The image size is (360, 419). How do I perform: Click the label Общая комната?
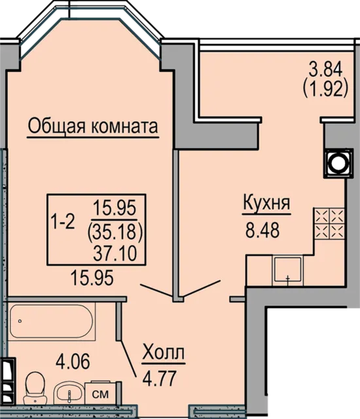[x=93, y=126]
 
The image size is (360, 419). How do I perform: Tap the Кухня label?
[x=266, y=204]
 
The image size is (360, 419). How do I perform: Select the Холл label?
[x=164, y=353]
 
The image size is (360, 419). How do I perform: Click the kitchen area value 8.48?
[x=262, y=230]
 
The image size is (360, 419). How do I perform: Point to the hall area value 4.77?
[x=160, y=378]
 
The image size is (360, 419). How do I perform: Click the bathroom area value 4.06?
[x=73, y=361]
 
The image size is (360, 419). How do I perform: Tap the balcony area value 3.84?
[x=325, y=70]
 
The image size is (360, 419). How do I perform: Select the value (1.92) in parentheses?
[x=326, y=89]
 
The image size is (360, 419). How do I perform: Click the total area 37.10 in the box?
[x=115, y=253]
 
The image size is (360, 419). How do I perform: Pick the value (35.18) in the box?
[x=115, y=231]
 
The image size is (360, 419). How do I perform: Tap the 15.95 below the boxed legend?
[x=92, y=278]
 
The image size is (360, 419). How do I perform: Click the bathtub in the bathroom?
[x=52, y=322]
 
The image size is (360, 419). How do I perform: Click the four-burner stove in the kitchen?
[x=329, y=223]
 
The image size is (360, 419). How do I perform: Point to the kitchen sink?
[x=287, y=270]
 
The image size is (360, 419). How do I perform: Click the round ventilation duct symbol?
[x=338, y=163]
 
